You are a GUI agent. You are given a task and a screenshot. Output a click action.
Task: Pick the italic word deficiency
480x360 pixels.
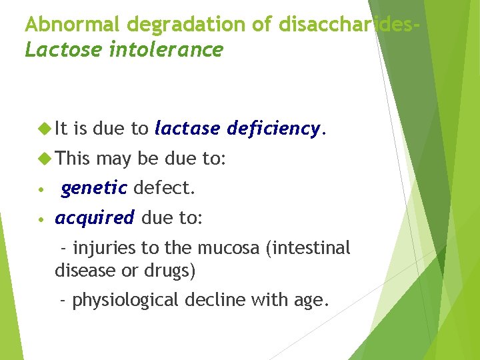(x=275, y=128)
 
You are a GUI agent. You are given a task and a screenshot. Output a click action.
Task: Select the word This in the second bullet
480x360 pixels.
(x=73, y=159)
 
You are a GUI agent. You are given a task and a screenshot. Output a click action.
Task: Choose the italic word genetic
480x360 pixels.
(x=94, y=189)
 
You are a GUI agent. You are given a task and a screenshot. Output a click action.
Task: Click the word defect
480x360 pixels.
(x=164, y=189)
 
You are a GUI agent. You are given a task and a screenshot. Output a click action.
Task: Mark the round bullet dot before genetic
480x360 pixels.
(x=41, y=189)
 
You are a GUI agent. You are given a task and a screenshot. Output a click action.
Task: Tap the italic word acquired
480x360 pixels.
(x=95, y=218)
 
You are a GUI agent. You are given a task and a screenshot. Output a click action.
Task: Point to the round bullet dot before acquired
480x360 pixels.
(x=41, y=219)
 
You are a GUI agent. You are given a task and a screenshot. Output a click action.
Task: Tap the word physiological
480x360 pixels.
(x=125, y=301)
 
